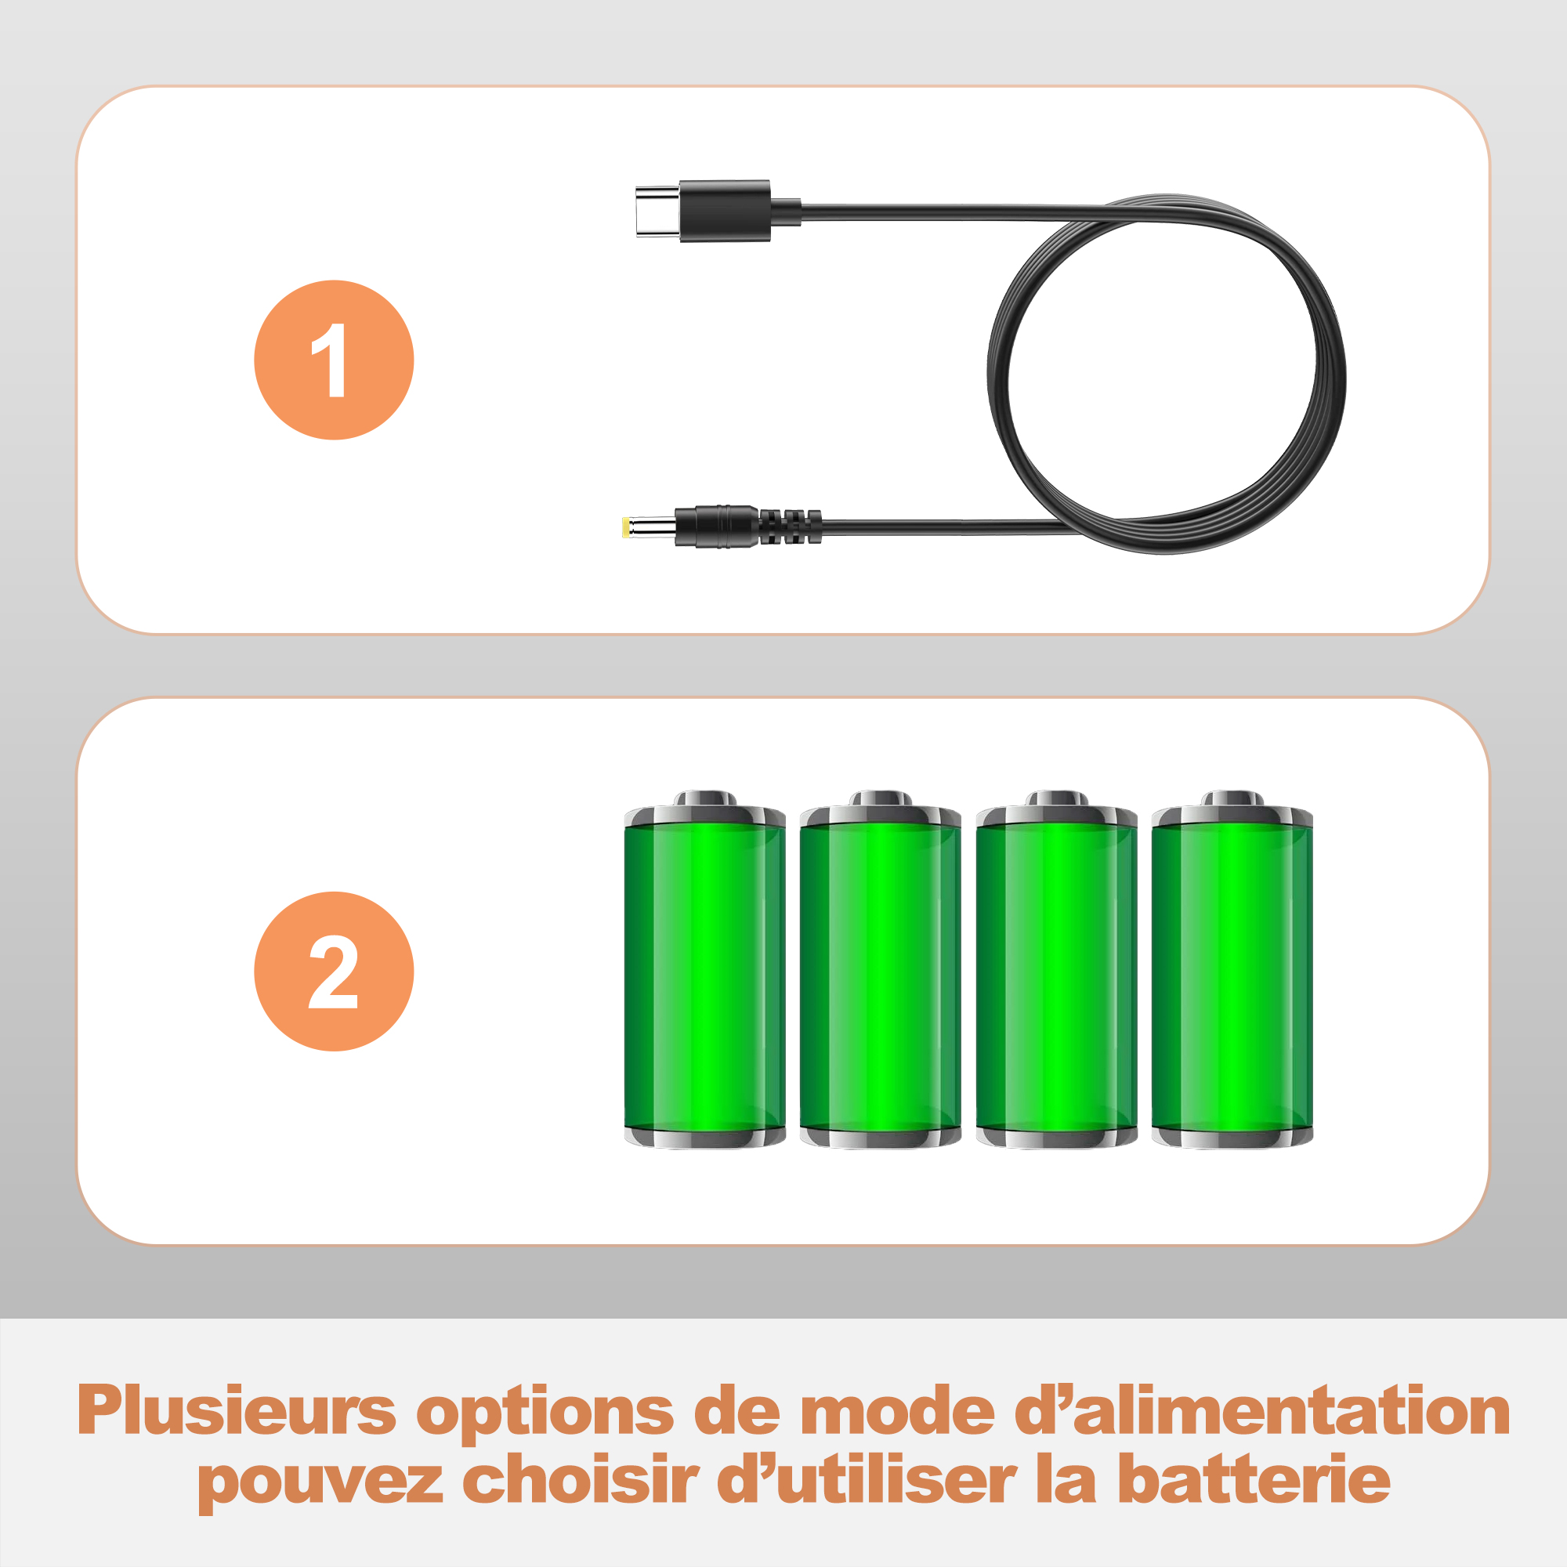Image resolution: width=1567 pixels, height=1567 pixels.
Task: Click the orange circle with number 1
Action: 335,360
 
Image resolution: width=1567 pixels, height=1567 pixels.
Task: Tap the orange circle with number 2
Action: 335,972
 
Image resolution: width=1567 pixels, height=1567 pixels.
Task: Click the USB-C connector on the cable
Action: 702,211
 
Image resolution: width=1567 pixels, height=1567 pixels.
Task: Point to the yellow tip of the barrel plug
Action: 626,527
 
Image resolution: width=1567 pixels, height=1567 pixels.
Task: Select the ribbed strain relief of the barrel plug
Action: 790,527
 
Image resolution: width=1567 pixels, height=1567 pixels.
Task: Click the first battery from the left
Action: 705,969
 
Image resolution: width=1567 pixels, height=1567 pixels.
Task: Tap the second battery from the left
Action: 881,969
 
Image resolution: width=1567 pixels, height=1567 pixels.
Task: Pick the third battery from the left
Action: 1057,969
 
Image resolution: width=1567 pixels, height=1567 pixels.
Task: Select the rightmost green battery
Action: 1232,969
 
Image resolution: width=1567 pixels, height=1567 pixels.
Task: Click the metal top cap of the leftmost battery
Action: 705,809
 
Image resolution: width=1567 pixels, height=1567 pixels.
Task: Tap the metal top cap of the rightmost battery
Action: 1232,809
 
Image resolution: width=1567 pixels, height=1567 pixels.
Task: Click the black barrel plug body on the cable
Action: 716,527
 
